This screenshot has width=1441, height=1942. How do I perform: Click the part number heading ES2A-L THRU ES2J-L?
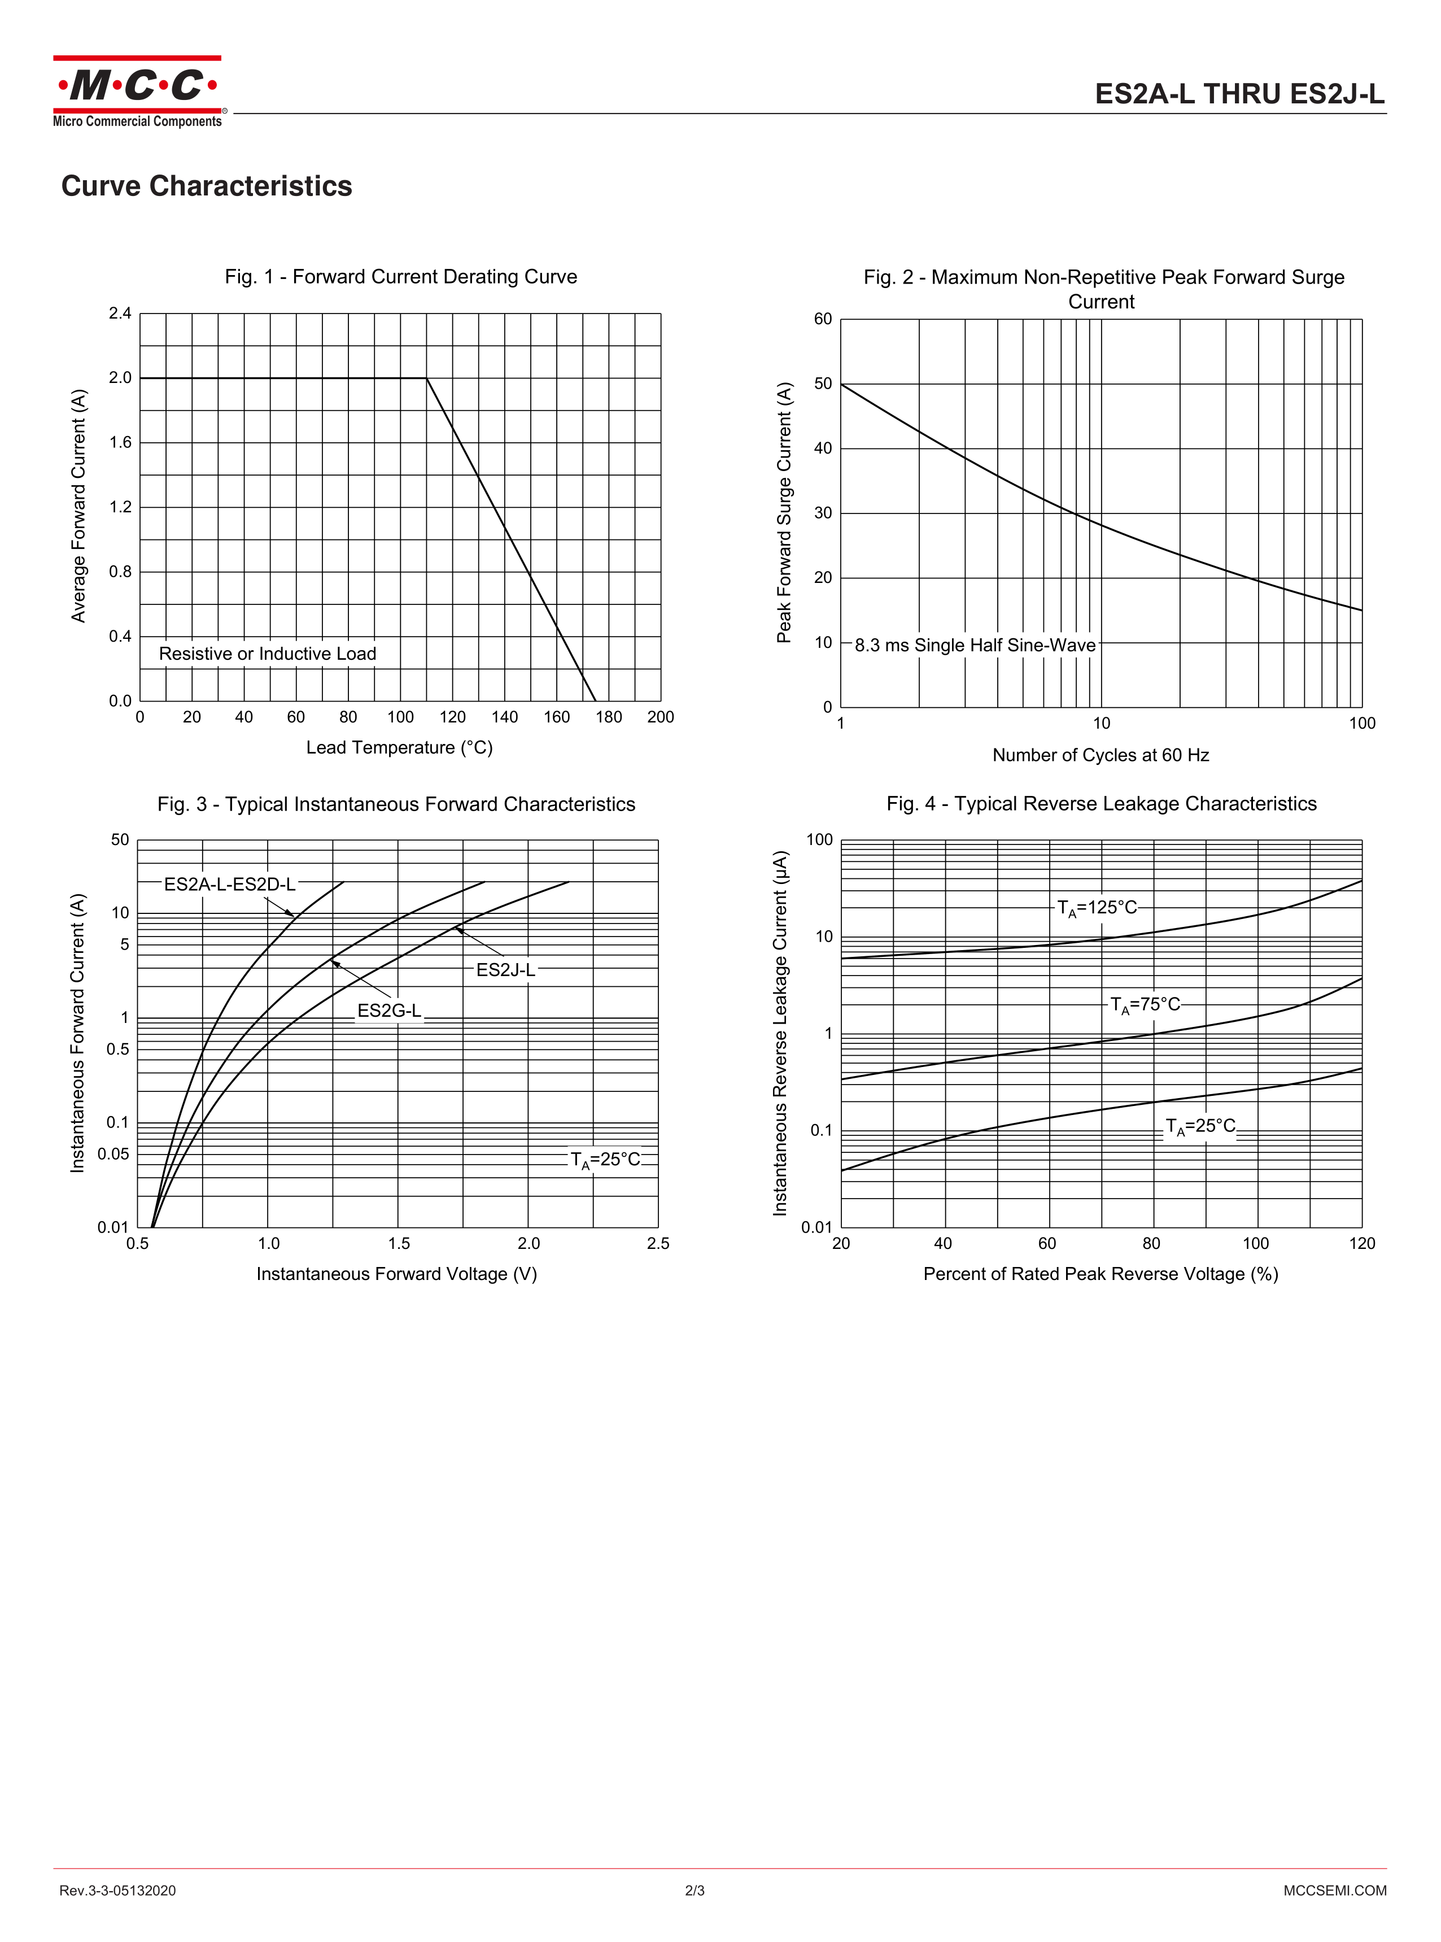coord(1239,94)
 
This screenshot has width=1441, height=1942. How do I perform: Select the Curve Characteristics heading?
coord(207,186)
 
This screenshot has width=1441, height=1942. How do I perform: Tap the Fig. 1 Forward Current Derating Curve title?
coord(400,277)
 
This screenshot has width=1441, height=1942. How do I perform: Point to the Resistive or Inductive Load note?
coord(267,654)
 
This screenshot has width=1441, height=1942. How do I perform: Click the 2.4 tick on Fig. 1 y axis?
coord(120,313)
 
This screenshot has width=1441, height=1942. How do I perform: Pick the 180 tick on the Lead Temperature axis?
coord(609,717)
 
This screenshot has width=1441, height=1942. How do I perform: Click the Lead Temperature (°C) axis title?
coord(400,748)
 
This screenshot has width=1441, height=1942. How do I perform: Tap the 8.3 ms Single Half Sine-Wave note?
coord(975,645)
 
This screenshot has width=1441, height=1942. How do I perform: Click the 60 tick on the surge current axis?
coord(823,319)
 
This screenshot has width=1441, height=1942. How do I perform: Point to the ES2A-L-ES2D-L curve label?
coord(229,884)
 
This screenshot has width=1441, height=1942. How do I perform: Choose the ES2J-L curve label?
coord(505,969)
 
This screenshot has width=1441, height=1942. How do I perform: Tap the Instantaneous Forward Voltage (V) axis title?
coord(397,1274)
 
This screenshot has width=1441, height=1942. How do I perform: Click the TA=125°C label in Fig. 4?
coord(1097,907)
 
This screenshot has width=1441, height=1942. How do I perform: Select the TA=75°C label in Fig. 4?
coord(1145,1005)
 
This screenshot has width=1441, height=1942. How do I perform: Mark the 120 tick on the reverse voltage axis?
coord(1361,1243)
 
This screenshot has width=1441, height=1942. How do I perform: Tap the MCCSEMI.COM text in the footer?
coord(1335,1891)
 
